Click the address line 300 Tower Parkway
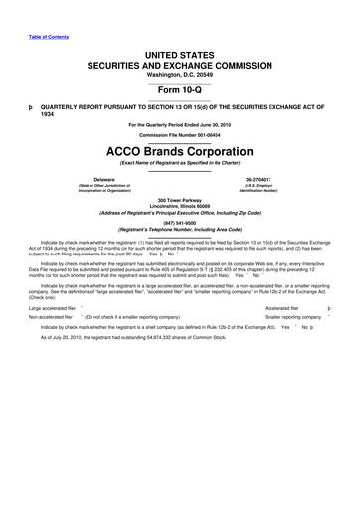pos(179,200)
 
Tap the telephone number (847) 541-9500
pos(179,224)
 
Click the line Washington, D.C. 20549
pos(179,74)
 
